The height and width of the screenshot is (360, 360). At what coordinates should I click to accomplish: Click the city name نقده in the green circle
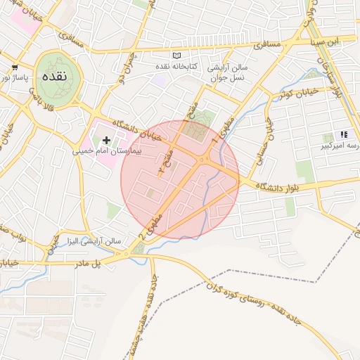[x=54, y=75]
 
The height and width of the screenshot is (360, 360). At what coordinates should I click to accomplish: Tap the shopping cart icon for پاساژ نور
[x=15, y=67]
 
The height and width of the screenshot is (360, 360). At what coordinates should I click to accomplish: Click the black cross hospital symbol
[x=106, y=141]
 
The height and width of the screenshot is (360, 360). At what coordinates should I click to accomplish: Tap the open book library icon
[x=176, y=56]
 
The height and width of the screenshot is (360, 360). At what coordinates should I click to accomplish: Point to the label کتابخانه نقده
[x=178, y=66]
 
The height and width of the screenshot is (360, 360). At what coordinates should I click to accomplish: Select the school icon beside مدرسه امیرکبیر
[x=343, y=134]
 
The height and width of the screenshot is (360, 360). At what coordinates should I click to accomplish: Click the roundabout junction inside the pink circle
[x=202, y=160]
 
